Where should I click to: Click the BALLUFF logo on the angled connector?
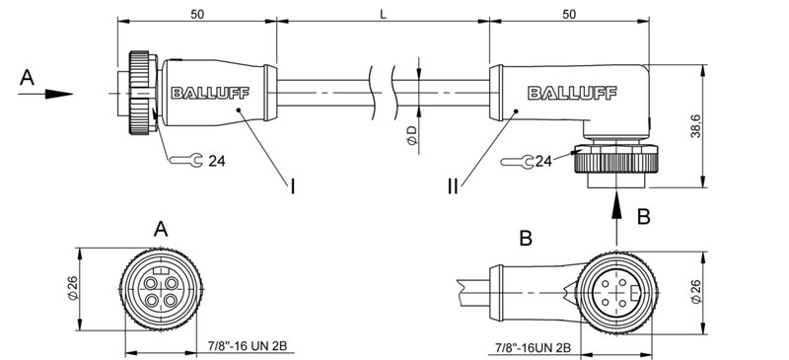569,95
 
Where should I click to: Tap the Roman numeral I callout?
293,183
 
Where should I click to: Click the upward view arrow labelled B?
616,207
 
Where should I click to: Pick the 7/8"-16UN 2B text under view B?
532,347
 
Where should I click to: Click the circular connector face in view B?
616,290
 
